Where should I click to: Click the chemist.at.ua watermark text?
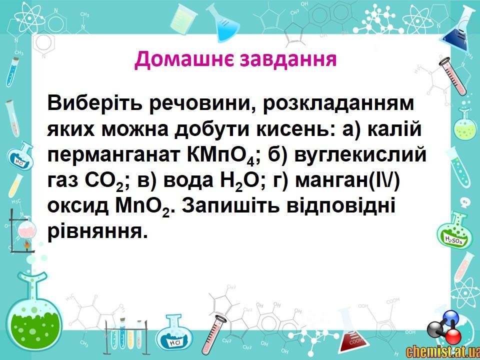click(442, 351)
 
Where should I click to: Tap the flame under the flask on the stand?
click(27, 244)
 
